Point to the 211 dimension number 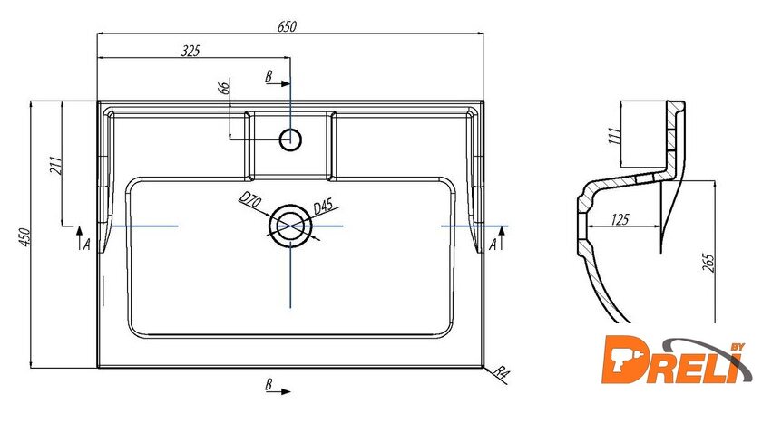click(x=55, y=165)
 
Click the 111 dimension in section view click(x=614, y=137)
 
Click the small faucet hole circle click(x=290, y=139)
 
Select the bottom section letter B click(x=269, y=386)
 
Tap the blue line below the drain click(x=290, y=276)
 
